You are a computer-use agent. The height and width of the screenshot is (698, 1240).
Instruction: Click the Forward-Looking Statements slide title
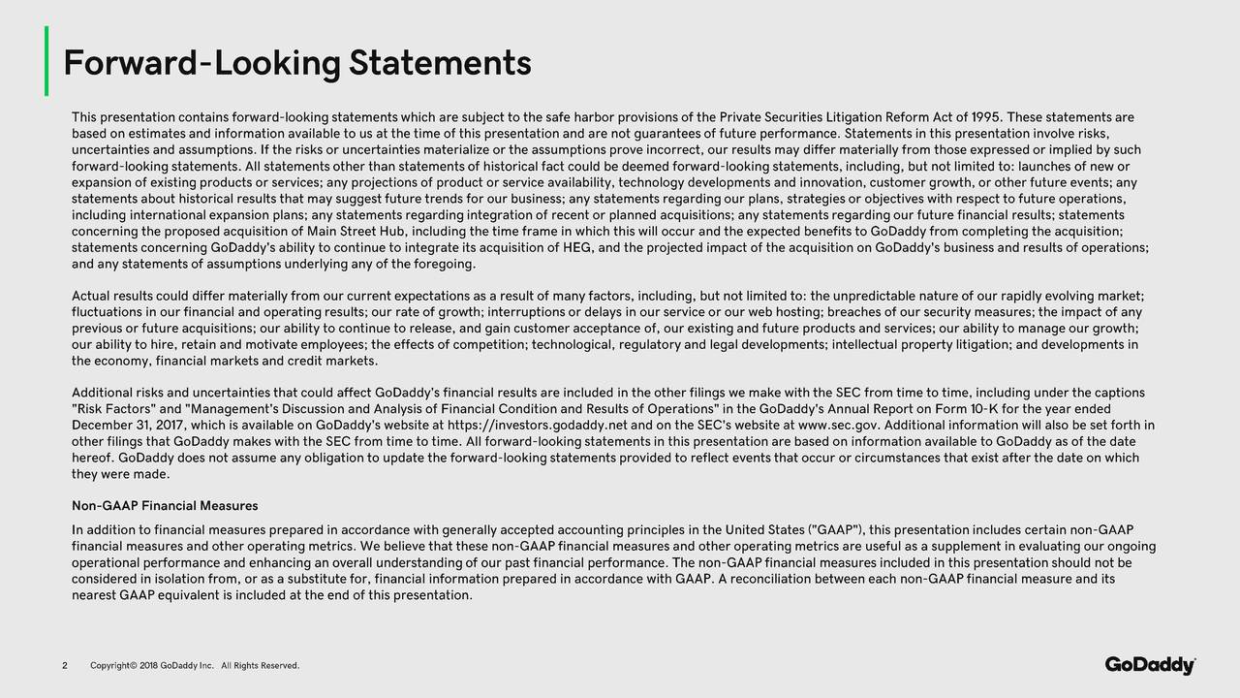point(296,64)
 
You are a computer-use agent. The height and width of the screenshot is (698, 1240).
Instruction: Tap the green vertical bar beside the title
point(46,62)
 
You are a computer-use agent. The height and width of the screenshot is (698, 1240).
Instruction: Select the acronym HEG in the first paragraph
point(580,247)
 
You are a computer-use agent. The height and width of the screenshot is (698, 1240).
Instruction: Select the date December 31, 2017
point(131,426)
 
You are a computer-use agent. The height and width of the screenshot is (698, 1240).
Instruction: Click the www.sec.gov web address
point(839,426)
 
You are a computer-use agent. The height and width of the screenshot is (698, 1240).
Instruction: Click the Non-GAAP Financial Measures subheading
point(165,506)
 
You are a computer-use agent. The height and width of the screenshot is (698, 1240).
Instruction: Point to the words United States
point(764,529)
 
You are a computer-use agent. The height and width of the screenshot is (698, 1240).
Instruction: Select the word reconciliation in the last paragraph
point(776,579)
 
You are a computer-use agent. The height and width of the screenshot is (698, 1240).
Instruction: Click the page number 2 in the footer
point(65,665)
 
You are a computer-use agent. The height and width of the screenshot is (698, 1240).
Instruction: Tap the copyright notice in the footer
point(194,665)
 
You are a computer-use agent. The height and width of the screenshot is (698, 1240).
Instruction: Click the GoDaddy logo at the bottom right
point(1150,665)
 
